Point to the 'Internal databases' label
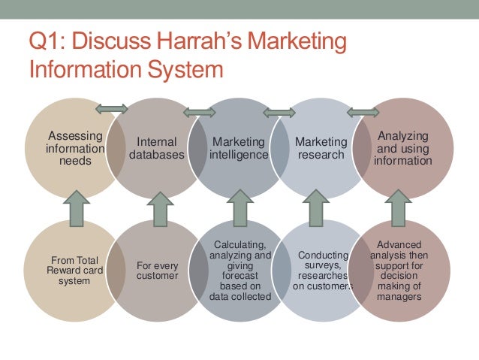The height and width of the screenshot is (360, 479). tap(156, 148)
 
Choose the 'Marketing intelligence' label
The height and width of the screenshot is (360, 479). tap(239, 148)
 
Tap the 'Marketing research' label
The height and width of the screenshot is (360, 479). tap(321, 148)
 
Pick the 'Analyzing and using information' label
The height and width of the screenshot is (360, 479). tap(403, 148)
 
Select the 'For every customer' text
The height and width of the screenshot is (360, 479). tap(156, 271)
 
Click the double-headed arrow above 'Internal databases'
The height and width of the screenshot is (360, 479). tap(112, 109)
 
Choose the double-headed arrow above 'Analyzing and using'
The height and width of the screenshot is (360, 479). tap(363, 113)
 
